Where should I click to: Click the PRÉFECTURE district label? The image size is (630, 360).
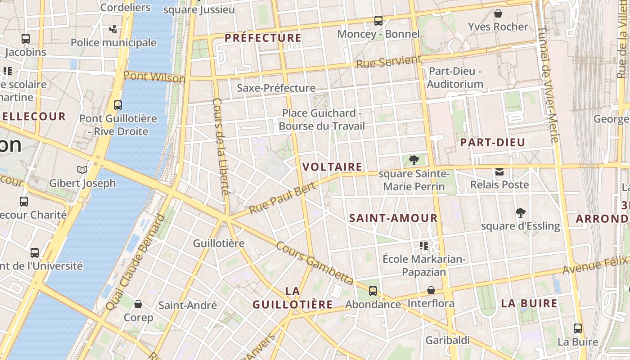tap(263, 38)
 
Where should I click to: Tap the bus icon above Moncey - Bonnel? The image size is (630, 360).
tap(378, 20)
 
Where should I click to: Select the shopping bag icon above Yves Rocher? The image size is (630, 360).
tap(498, 13)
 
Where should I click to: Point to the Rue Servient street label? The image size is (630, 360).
tap(388, 62)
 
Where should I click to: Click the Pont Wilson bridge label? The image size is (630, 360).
tap(154, 76)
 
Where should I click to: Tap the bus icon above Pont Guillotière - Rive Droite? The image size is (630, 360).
tap(118, 105)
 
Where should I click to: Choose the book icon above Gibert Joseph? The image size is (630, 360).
tap(82, 169)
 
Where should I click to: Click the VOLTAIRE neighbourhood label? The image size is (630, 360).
tap(332, 167)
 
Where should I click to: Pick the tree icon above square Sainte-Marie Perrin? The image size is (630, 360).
tap(414, 160)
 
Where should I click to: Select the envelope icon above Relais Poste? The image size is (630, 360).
tap(499, 171)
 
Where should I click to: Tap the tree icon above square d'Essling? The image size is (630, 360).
tap(521, 212)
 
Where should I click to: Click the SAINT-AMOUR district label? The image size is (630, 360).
tap(393, 218)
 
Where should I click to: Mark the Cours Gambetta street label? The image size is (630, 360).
tap(315, 263)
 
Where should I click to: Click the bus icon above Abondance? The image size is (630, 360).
tap(373, 291)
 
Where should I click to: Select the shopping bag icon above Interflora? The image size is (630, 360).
tap(431, 290)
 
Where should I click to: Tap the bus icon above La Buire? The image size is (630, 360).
tap(578, 328)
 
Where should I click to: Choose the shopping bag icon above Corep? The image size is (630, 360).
tap(138, 304)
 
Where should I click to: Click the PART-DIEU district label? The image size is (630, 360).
tap(492, 143)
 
